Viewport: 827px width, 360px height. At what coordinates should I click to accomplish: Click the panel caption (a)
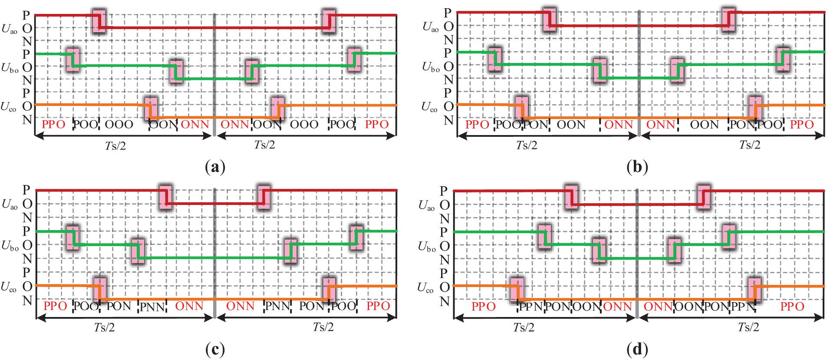pyautogui.click(x=215, y=167)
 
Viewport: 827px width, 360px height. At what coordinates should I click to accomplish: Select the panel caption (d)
pyautogui.click(x=637, y=349)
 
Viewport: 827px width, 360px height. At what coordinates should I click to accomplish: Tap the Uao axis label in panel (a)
pyautogui.click(x=10, y=29)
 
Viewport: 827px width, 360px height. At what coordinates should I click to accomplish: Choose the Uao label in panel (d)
pyautogui.click(x=426, y=205)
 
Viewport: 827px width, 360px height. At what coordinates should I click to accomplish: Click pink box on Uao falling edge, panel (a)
pyautogui.click(x=99, y=21)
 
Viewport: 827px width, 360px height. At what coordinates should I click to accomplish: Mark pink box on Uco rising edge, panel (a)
pyautogui.click(x=277, y=108)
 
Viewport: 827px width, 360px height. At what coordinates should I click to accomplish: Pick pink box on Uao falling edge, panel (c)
pyautogui.click(x=165, y=197)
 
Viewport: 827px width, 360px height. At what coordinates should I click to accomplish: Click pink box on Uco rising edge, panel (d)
pyautogui.click(x=755, y=289)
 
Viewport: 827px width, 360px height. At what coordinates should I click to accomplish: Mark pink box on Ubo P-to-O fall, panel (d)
pyautogui.click(x=545, y=237)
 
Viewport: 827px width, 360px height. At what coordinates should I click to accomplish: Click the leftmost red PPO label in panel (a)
pyautogui.click(x=53, y=125)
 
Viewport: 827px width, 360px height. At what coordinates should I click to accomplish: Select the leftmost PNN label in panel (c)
pyautogui.click(x=152, y=307)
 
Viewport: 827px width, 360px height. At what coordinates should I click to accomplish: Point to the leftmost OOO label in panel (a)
pyautogui.click(x=119, y=125)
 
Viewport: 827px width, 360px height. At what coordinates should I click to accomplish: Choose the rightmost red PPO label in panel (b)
pyautogui.click(x=801, y=125)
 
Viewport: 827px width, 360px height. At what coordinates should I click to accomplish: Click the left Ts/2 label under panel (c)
pyautogui.click(x=105, y=327)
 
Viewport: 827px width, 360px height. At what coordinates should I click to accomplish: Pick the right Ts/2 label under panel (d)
pyautogui.click(x=748, y=327)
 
